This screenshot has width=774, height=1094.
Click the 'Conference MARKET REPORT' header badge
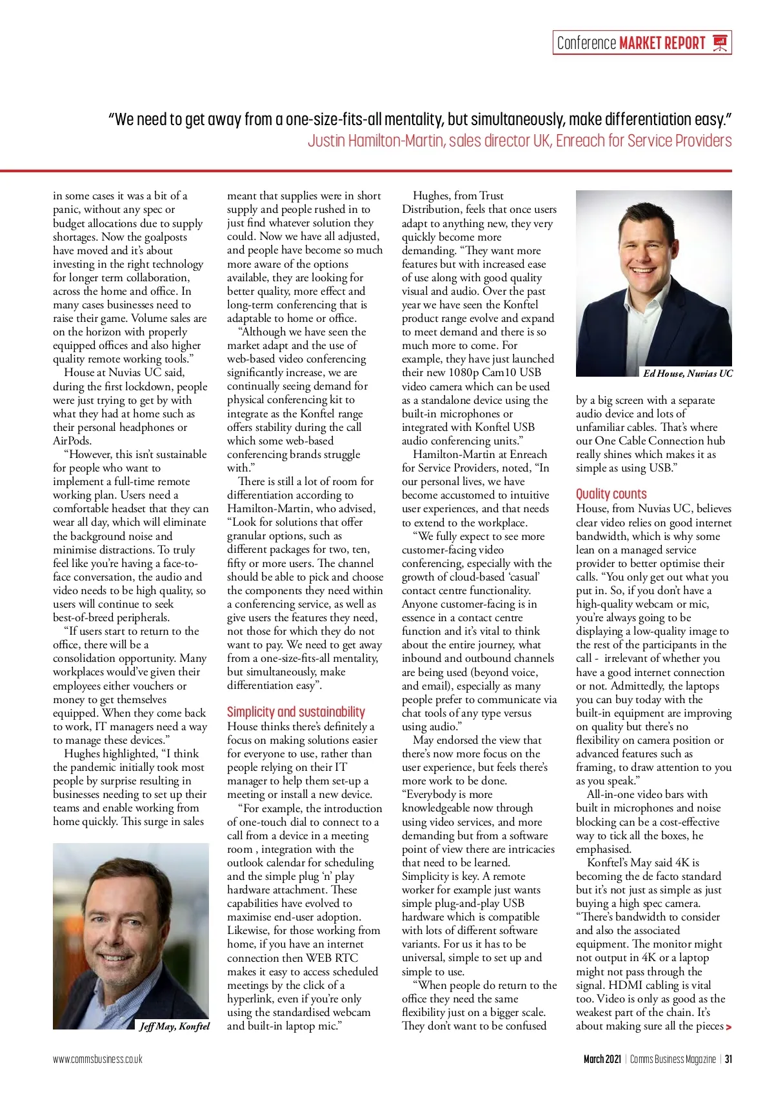pyautogui.click(x=642, y=43)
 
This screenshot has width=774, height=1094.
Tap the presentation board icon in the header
pyautogui.click(x=720, y=43)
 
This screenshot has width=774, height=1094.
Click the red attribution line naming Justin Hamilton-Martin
pyautogui.click(x=519, y=141)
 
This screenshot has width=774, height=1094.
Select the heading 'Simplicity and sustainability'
pyautogui.click(x=295, y=711)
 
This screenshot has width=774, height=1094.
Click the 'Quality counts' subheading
pyautogui.click(x=611, y=494)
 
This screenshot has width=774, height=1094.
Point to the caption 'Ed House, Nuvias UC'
pyautogui.click(x=688, y=373)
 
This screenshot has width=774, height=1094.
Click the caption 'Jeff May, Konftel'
pyautogui.click(x=174, y=1026)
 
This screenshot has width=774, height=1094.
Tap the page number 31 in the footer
pyautogui.click(x=728, y=1059)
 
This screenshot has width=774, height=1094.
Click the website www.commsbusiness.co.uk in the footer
pyautogui.click(x=97, y=1059)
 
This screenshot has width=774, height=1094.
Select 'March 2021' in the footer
pyautogui.click(x=602, y=1059)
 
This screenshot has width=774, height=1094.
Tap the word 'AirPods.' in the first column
pyautogui.click(x=72, y=441)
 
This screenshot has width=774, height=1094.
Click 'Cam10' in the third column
pyautogui.click(x=502, y=373)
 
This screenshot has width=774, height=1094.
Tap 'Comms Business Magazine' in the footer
pyautogui.click(x=673, y=1059)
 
